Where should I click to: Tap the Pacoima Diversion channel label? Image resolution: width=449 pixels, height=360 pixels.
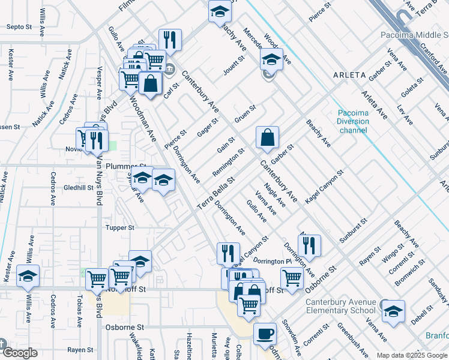[x=362, y=121]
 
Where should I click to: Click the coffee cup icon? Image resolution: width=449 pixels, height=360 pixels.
[x=264, y=334]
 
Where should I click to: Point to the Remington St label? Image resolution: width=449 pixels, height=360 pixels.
[x=229, y=163]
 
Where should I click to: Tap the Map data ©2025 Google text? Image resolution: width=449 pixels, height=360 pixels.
[x=412, y=355]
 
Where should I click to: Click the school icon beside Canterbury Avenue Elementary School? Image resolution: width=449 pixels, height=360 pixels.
[x=393, y=311]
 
